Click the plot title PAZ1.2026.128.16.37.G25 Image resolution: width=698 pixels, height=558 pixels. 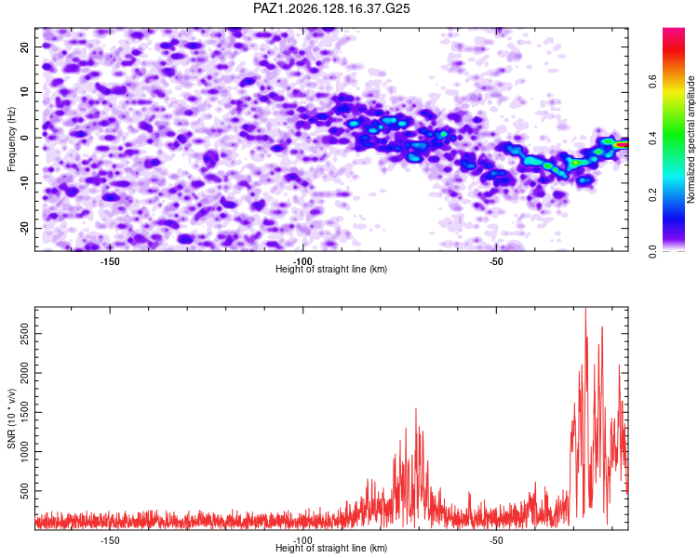(x=331, y=8)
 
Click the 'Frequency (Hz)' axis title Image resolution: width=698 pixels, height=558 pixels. (x=11, y=139)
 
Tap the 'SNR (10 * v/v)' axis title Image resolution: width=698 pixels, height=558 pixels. (x=11, y=418)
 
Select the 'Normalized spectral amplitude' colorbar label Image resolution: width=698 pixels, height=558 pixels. (x=691, y=139)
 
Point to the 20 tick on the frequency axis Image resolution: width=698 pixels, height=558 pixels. (x=25, y=46)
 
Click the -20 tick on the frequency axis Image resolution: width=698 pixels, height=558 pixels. (x=25, y=228)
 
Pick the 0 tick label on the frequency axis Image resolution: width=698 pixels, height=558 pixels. (x=25, y=138)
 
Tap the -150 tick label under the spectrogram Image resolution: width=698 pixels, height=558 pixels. (x=110, y=261)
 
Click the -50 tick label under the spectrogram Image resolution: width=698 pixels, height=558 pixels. (x=496, y=261)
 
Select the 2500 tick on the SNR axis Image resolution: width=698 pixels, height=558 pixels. (x=25, y=334)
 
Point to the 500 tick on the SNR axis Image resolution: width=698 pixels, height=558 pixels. (x=25, y=491)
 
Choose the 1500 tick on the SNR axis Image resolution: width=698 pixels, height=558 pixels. (x=25, y=412)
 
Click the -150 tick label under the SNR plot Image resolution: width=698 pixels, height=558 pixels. (x=110, y=540)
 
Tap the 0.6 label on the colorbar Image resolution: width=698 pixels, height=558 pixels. (x=652, y=82)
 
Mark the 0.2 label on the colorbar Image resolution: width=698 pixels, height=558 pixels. (x=652, y=195)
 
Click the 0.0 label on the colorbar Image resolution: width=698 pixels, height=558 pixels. (x=652, y=252)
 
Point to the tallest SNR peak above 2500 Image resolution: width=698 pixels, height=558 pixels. (x=585, y=309)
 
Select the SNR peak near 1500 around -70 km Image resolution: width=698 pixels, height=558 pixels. (x=416, y=409)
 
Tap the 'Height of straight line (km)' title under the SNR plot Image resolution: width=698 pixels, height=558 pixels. (x=331, y=548)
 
